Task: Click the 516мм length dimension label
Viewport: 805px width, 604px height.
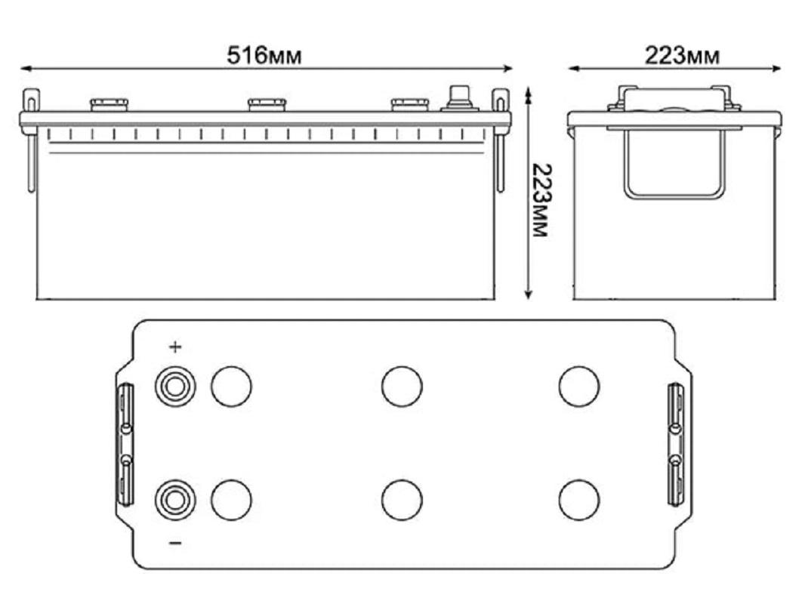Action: pyautogui.click(x=264, y=55)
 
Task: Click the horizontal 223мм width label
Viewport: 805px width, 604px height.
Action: pyautogui.click(x=682, y=55)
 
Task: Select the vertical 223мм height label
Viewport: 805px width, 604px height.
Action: pyautogui.click(x=541, y=200)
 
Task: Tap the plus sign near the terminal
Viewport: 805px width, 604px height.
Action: pyautogui.click(x=176, y=347)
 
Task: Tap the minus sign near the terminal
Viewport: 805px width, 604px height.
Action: pyautogui.click(x=176, y=543)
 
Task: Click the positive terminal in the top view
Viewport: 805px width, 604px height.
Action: pyautogui.click(x=175, y=386)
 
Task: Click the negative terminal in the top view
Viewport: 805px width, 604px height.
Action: pyautogui.click(x=175, y=499)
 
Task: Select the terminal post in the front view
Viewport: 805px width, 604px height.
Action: pyautogui.click(x=459, y=99)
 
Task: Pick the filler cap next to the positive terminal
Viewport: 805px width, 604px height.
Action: pyautogui.click(x=232, y=387)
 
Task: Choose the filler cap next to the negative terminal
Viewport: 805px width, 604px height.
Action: pyautogui.click(x=232, y=500)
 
